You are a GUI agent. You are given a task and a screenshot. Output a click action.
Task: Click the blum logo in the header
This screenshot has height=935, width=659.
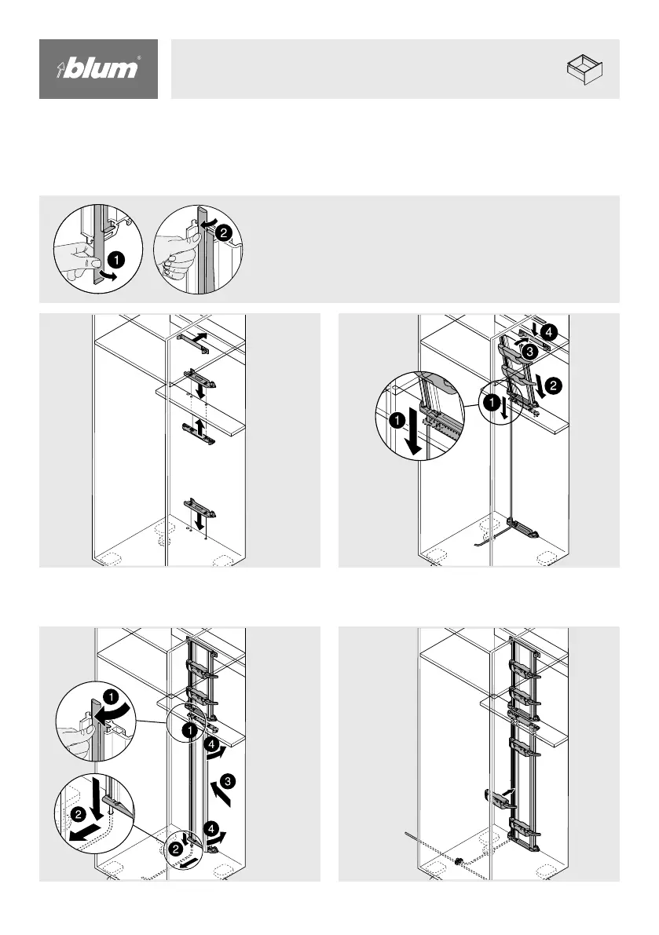pos(99,69)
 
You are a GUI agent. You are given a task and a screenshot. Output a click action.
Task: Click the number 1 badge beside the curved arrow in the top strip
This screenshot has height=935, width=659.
pos(115,256)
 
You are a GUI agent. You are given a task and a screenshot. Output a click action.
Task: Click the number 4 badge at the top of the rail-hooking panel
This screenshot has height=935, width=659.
pos(547,331)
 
